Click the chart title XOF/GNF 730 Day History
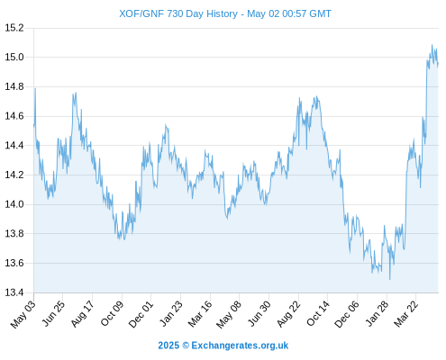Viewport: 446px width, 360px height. [178, 13]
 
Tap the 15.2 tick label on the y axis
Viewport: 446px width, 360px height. [14, 28]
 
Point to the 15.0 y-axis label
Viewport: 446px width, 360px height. [14, 57]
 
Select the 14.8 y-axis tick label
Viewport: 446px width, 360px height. [14, 86]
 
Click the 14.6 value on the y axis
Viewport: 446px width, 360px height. [14, 116]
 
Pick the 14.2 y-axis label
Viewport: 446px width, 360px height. [14, 175]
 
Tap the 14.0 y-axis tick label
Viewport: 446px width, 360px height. [14, 204]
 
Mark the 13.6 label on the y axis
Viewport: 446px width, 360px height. [14, 263]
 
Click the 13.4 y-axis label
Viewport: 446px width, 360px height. [14, 292]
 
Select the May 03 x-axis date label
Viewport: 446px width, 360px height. [23, 314]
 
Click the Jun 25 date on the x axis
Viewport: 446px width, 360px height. [53, 313]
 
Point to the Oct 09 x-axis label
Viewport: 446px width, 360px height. [112, 313]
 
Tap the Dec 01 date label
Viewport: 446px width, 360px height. [141, 314]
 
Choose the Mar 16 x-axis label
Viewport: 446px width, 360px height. [200, 314]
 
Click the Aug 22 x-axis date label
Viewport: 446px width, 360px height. [288, 314]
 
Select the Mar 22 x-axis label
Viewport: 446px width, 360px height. [405, 314]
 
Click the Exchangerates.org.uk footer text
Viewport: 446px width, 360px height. [240, 346]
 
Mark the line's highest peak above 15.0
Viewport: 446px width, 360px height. [432, 45]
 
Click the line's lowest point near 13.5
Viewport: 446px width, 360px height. [390, 279]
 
